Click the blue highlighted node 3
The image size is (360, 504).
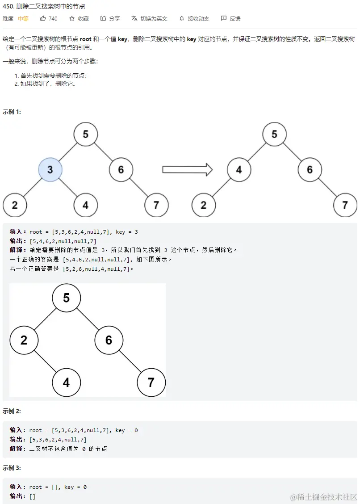click(x=50, y=170)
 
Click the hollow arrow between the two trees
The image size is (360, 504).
click(x=187, y=170)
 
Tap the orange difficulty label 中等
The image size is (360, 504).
click(x=23, y=19)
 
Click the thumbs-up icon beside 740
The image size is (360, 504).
click(x=43, y=19)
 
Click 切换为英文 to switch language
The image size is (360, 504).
click(x=150, y=19)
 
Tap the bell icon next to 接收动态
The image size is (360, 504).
click(x=182, y=19)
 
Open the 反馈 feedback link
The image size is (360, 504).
click(x=230, y=19)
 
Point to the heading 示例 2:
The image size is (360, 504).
click(x=12, y=411)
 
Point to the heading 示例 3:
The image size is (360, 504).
click(x=12, y=468)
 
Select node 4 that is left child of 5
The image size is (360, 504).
click(x=239, y=170)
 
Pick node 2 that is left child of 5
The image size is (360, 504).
click(x=24, y=340)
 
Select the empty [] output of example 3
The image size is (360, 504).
click(x=32, y=496)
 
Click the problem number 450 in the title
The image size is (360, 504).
click(x=8, y=7)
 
